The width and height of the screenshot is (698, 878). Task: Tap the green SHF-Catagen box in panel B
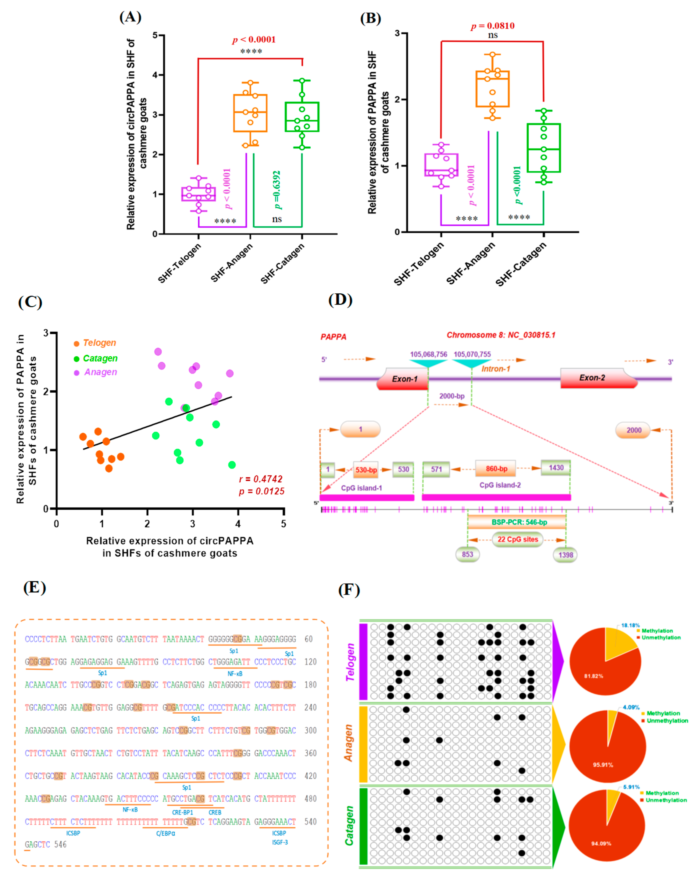543,148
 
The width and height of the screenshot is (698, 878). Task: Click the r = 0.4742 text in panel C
261,479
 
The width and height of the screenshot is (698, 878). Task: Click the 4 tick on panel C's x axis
238,524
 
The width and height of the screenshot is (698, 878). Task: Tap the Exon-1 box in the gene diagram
404,379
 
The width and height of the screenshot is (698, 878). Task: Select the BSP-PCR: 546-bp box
517,522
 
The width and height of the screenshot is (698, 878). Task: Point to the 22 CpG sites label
518,539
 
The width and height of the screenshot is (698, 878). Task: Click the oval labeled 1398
565,555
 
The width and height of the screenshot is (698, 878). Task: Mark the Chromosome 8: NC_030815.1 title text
501,335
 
